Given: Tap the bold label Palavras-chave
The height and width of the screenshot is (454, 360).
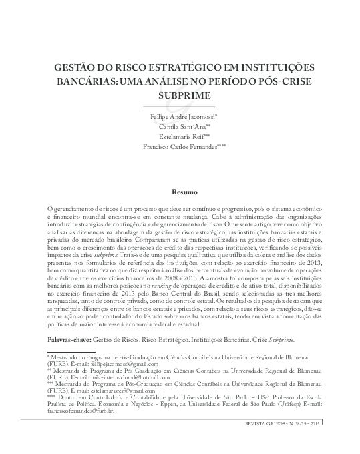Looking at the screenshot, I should [69, 340].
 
